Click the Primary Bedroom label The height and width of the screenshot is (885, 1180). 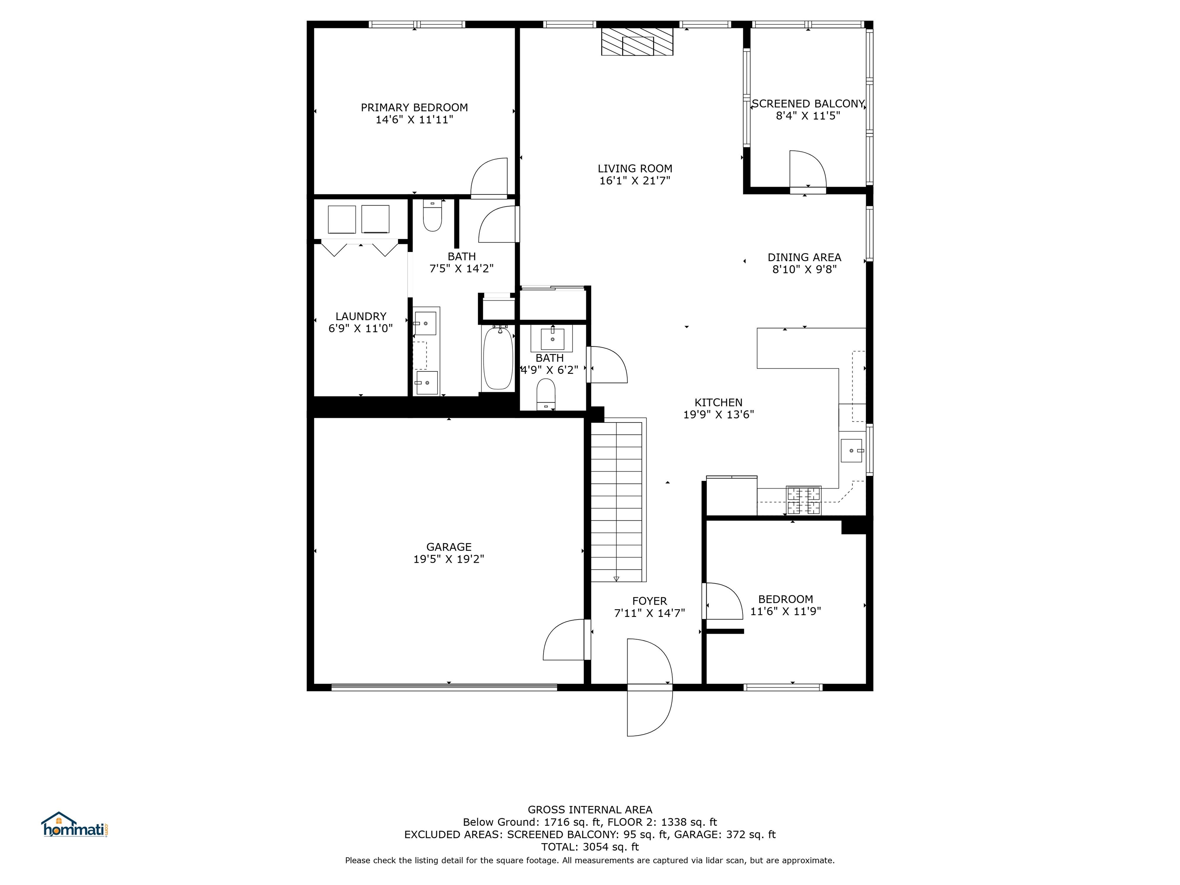[414, 107]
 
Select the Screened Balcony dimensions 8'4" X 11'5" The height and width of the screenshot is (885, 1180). [808, 116]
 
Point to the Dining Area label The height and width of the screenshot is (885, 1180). [804, 257]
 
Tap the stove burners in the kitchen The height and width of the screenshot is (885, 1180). [804, 501]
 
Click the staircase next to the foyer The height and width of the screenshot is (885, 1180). [617, 501]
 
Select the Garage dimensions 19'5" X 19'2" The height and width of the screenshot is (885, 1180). [448, 559]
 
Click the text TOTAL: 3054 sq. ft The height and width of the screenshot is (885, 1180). [590, 847]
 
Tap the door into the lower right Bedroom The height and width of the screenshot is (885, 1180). [723, 602]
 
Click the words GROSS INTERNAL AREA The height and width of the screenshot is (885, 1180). [590, 810]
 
